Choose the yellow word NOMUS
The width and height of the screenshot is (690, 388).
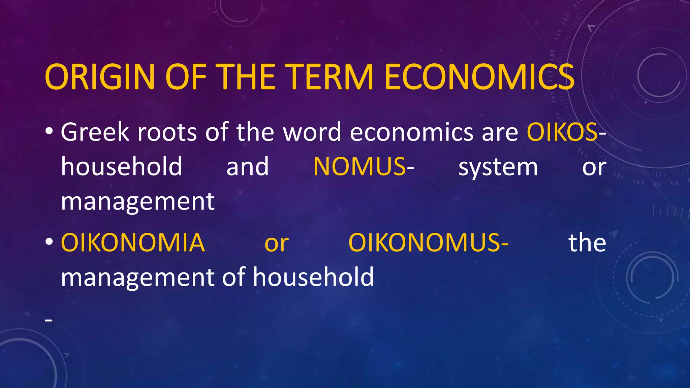coord(359,166)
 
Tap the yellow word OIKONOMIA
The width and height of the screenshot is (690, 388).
coord(133,243)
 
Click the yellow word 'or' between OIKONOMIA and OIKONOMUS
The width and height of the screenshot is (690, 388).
coord(277,244)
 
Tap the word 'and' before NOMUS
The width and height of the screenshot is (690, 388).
coord(248,166)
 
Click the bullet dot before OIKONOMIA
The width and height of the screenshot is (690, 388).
coord(49,241)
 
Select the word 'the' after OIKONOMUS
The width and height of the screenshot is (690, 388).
coord(587,243)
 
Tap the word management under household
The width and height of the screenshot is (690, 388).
coord(137,201)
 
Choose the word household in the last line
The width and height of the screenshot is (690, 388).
coord(313,277)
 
